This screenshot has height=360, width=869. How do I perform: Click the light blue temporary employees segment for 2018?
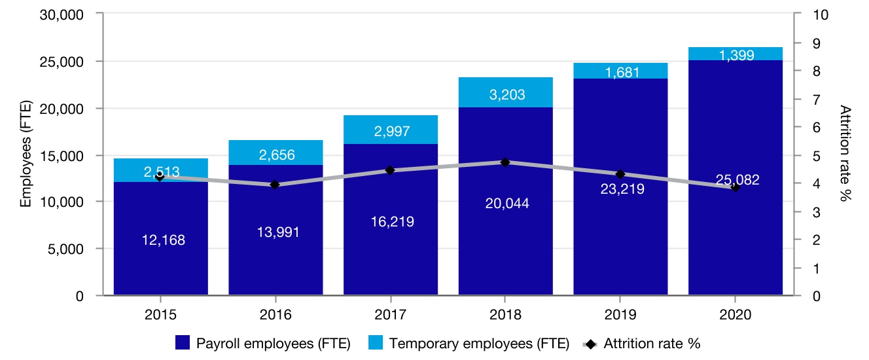pos(505,92)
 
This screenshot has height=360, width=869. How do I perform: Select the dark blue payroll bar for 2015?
pos(160,262)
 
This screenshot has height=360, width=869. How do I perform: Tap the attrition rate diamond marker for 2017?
pos(390,170)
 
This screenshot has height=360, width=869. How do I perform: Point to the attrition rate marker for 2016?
pos(275,185)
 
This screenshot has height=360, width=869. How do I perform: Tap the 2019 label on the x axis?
pos(620,314)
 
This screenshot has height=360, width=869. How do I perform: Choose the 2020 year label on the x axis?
pos(735,314)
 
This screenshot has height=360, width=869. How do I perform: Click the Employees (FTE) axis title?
pos(26,155)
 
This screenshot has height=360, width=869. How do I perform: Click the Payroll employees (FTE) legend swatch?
pos(184,343)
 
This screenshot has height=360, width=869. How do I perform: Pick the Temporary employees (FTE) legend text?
pos(479,343)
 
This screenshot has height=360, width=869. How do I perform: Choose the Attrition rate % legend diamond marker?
pos(592,343)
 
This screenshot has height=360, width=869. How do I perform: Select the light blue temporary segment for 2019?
pos(620,71)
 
